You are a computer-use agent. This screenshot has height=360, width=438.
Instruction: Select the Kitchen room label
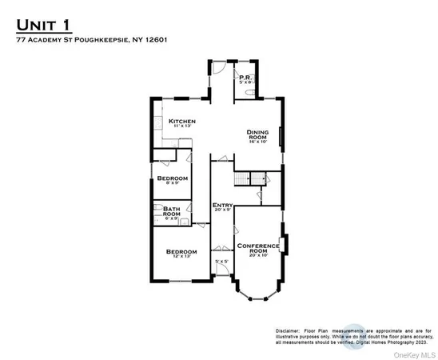pyautogui.click(x=182, y=122)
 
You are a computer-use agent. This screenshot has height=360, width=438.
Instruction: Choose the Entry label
pyautogui.click(x=222, y=204)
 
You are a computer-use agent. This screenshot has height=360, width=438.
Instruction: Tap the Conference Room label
pyautogui.click(x=258, y=248)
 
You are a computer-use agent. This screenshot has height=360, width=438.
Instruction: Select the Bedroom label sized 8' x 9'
pyautogui.click(x=173, y=178)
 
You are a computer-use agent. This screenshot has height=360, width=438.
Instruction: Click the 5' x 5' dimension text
pyautogui.click(x=221, y=262)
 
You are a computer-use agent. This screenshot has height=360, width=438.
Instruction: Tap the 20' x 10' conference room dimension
pyautogui.click(x=258, y=255)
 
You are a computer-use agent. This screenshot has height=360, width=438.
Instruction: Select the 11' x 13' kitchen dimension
pyautogui.click(x=182, y=126)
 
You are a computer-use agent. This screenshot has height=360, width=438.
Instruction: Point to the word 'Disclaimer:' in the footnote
pyautogui.click(x=289, y=330)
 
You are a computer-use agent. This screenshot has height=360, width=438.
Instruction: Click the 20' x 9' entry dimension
pyautogui.click(x=222, y=210)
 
